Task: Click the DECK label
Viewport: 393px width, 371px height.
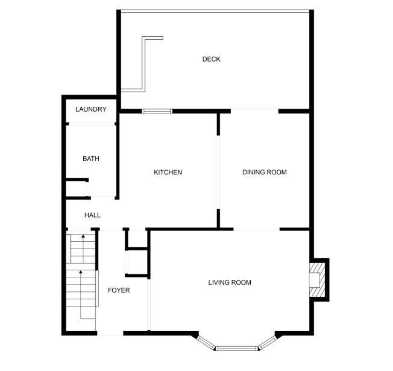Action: [212, 59]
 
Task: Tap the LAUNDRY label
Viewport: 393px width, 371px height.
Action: [91, 109]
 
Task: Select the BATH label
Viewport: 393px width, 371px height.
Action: [91, 159]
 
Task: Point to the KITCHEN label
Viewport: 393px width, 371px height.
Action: [168, 173]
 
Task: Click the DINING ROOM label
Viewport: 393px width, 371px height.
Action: [265, 172]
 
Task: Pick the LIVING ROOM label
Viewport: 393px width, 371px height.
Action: [230, 282]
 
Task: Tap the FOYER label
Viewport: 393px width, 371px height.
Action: [119, 290]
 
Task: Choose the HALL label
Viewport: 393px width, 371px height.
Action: [92, 215]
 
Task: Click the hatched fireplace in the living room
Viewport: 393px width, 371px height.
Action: [317, 280]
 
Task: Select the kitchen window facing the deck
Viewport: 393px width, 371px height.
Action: [157, 111]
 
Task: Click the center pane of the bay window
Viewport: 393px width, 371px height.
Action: [237, 348]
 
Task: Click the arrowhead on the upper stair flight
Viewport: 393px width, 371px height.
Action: [83, 236]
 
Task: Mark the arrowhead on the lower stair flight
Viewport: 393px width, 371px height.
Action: [81, 271]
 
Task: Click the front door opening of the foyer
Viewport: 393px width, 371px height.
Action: [110, 333]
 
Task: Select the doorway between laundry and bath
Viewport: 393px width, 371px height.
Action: [92, 124]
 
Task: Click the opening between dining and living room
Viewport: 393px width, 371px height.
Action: [257, 229]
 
